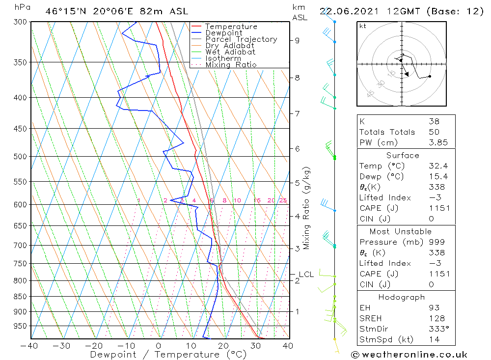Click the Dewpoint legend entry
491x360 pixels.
pos(223,33)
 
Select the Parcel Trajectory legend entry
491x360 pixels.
pos(241,39)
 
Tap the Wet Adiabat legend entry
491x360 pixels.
pos(230,52)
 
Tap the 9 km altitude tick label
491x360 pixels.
pos(297,40)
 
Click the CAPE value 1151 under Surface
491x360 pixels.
pos(438,208)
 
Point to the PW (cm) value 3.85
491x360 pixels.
pos(438,142)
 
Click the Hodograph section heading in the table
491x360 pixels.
pos(402,297)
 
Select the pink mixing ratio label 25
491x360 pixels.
pos(283,200)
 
